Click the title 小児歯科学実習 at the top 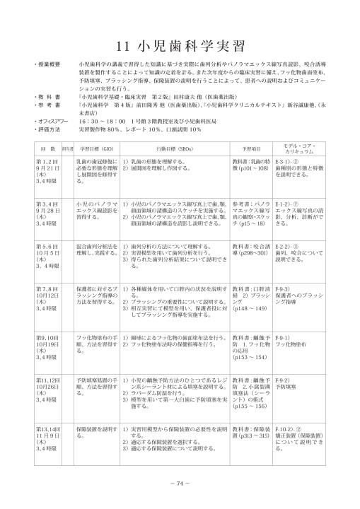click(180, 46)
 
